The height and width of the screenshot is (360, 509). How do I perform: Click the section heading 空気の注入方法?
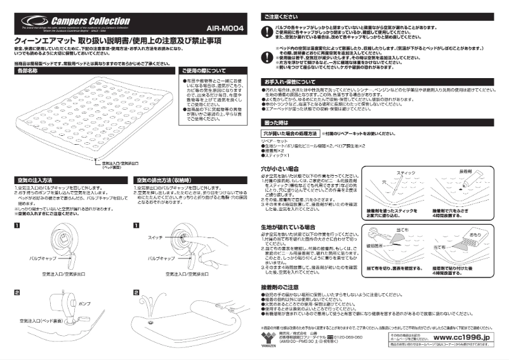point(36,181)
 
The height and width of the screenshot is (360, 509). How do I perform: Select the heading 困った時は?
point(276,122)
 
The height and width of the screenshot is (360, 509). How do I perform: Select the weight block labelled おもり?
point(474,236)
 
